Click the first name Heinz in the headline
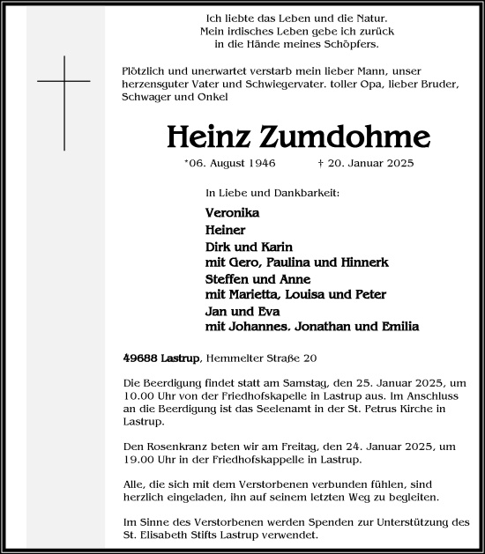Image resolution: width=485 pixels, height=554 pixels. pos(209,137)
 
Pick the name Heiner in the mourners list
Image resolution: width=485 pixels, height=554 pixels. pos(224,230)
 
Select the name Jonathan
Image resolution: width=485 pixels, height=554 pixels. pos(337,327)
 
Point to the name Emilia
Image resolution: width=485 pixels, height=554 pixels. pos(398,327)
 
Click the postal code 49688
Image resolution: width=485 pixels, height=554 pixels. pos(139,357)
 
